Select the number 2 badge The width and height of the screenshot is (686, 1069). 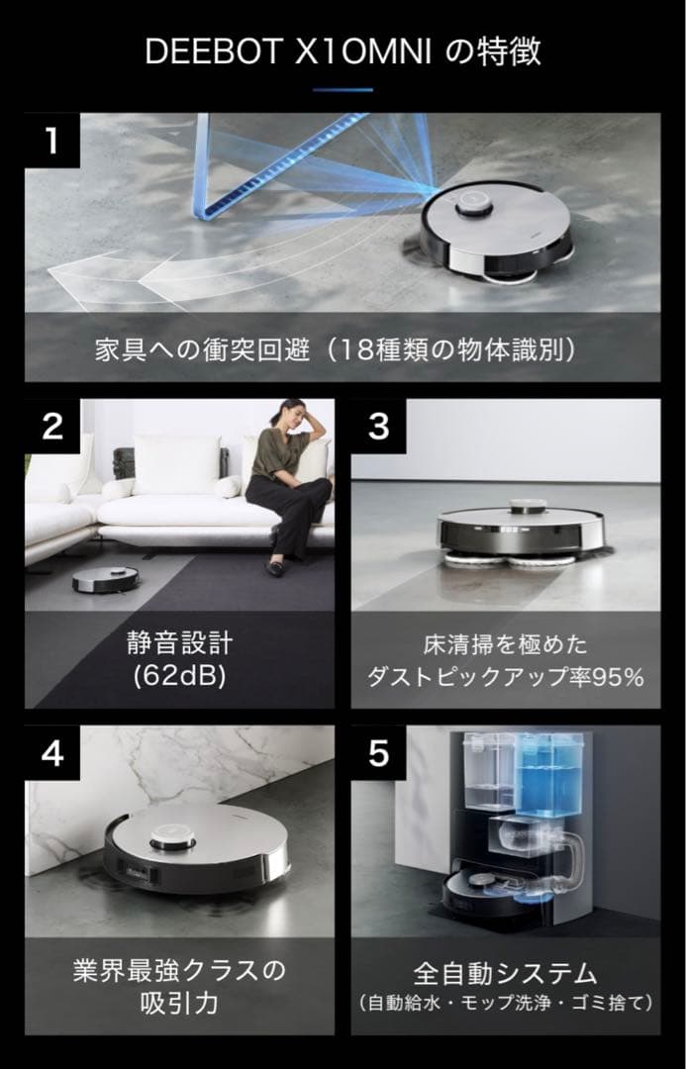click(x=51, y=427)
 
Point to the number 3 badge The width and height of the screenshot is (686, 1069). click(x=378, y=427)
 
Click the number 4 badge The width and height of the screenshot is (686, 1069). click(x=51, y=753)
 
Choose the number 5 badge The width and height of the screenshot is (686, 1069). click(x=378, y=753)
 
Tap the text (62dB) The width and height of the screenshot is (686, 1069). click(x=179, y=678)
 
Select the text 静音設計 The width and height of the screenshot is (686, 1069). click(x=179, y=644)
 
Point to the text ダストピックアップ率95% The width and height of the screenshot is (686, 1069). click(x=506, y=677)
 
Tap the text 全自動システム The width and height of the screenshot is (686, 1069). click(x=506, y=971)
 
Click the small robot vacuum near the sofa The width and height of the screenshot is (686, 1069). click(x=105, y=580)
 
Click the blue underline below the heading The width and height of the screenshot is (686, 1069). click(x=343, y=90)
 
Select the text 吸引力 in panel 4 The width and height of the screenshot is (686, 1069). click(x=179, y=1004)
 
